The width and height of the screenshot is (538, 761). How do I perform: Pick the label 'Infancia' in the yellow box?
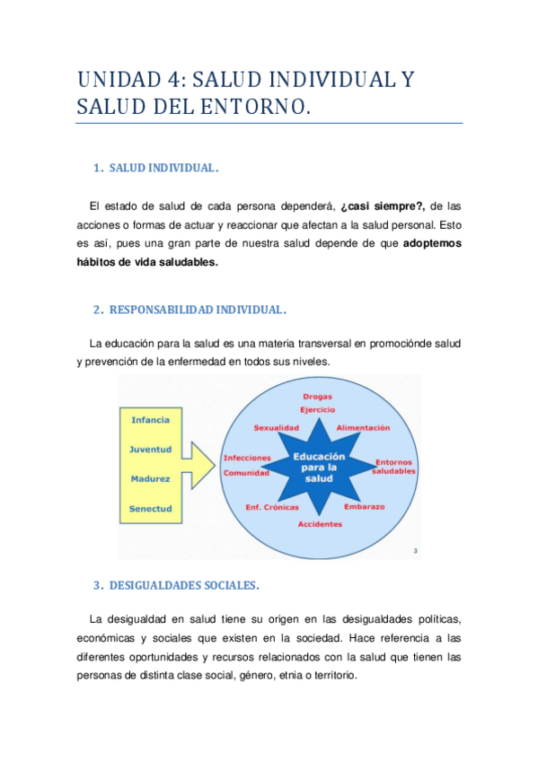[x=150, y=420]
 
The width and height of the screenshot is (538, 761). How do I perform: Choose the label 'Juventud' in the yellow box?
[x=150, y=450]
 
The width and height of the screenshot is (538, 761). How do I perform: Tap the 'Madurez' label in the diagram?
[x=150, y=479]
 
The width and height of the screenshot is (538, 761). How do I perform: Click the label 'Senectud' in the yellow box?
[x=150, y=509]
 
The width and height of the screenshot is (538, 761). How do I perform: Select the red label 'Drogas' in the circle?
[x=318, y=396]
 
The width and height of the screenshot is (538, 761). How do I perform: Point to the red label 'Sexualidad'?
[x=276, y=428]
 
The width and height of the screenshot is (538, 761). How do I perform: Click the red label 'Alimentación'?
[x=363, y=428]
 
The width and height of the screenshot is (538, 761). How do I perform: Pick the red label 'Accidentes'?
[x=320, y=523]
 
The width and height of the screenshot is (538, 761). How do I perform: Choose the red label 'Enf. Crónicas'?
[x=272, y=507]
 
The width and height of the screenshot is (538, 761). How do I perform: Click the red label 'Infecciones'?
[x=247, y=458]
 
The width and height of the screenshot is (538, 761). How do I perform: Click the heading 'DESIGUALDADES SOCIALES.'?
[x=183, y=586]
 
